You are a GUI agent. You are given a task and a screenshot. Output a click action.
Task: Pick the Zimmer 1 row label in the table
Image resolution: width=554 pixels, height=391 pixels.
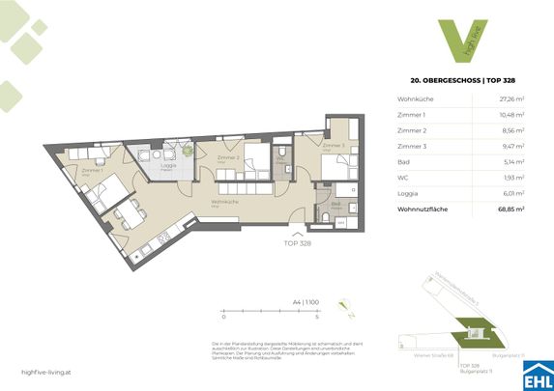[x=411, y=115]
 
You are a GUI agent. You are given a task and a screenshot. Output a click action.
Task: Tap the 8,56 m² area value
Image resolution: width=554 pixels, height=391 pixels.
[x=510, y=130]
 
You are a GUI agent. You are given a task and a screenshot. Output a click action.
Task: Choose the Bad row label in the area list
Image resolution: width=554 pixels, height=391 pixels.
[x=404, y=161]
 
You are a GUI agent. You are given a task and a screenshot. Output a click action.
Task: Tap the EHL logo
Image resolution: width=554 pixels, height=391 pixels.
[x=537, y=372]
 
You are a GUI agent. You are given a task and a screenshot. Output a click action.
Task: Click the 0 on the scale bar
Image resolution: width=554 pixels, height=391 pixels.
[x=223, y=316]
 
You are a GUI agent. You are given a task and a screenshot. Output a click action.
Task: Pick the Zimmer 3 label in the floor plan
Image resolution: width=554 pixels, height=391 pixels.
[x=330, y=147]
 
